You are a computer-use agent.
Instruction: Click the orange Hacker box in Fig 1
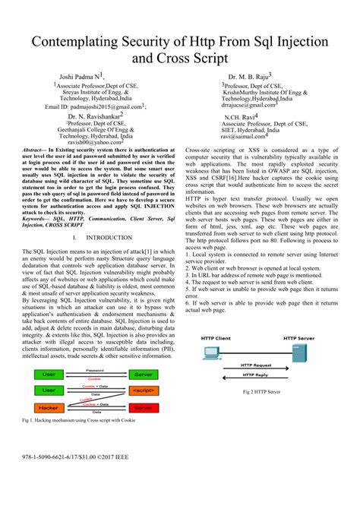48,408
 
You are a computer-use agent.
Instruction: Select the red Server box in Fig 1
142,408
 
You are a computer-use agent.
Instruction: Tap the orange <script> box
142,390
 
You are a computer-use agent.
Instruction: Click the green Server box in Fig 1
142,375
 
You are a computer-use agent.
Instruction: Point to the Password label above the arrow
94,370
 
